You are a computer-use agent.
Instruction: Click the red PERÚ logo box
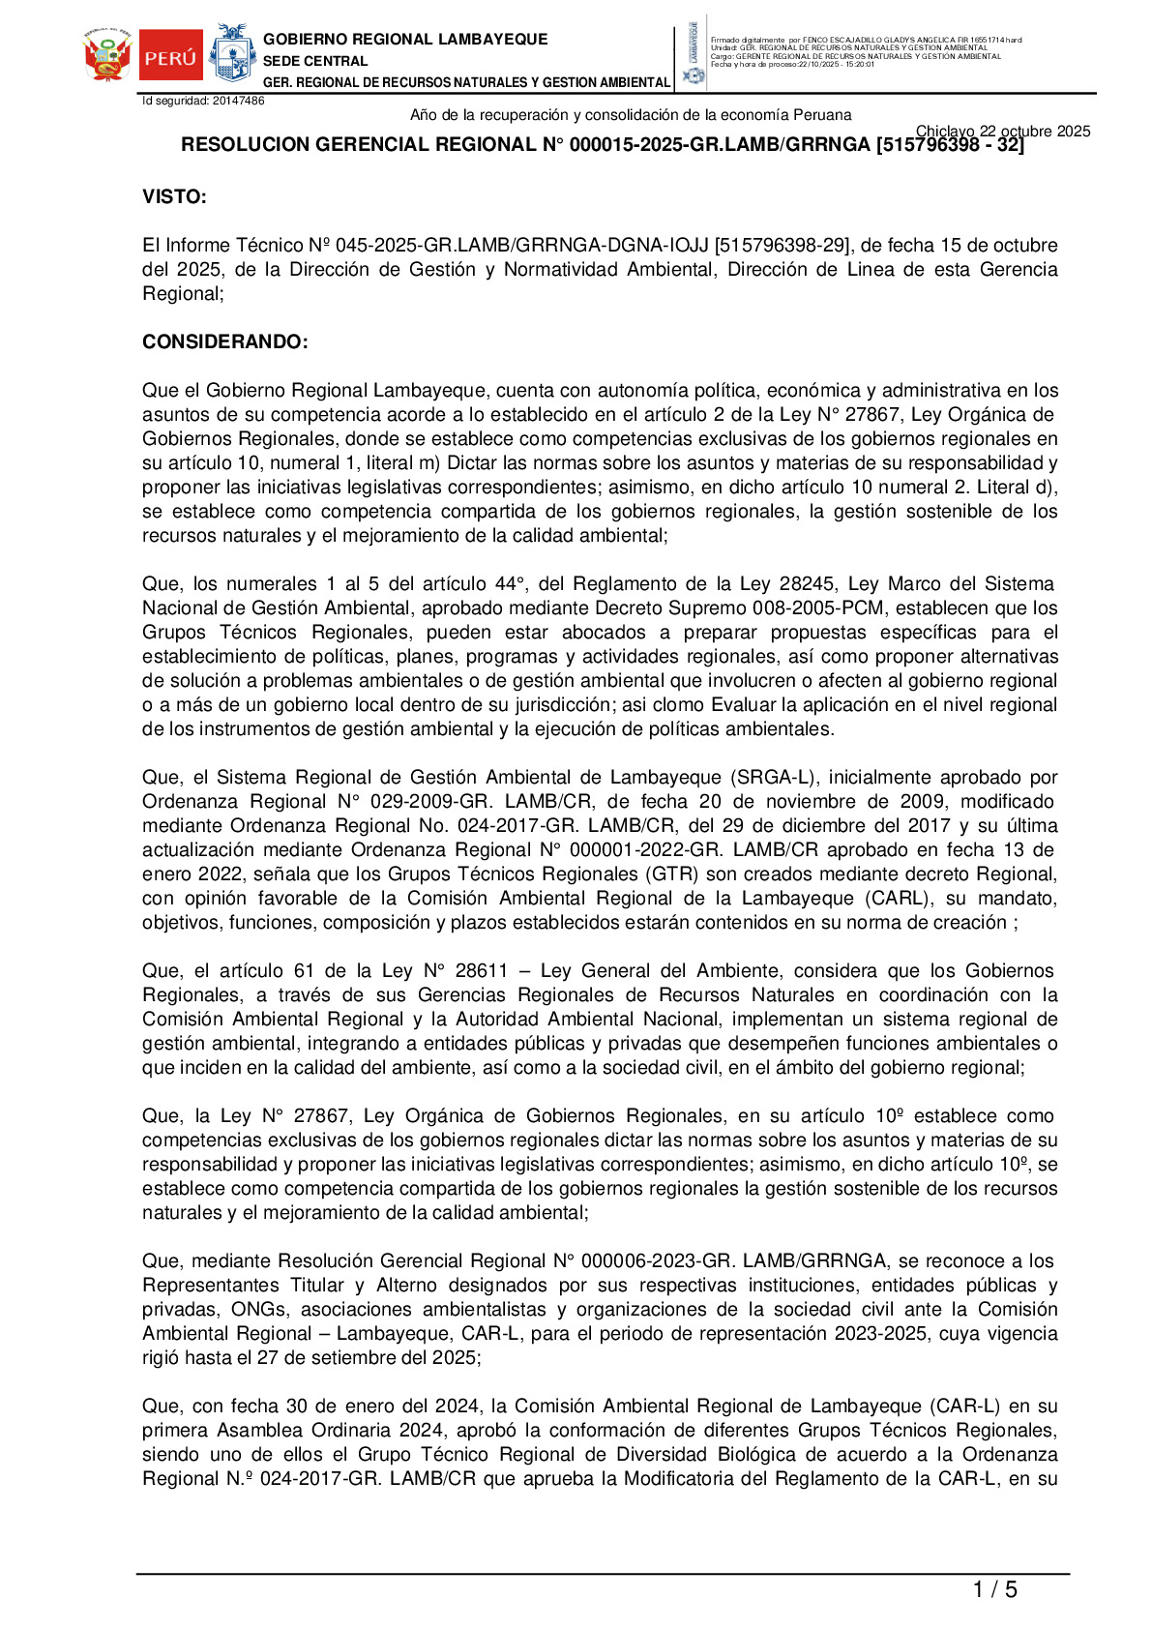[x=170, y=57]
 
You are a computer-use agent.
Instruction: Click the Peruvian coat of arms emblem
[x=107, y=56]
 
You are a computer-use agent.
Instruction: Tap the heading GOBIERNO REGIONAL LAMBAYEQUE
[x=405, y=39]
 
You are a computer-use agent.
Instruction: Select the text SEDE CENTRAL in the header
[x=315, y=61]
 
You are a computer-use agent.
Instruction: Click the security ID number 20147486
[x=238, y=101]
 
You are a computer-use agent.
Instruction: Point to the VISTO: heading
[x=174, y=197]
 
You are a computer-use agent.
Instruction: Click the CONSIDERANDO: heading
[x=225, y=342]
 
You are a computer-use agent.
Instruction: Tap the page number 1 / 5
[x=994, y=1589]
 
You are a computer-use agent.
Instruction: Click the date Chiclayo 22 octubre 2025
[x=1002, y=132]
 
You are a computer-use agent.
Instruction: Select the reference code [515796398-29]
[x=783, y=246]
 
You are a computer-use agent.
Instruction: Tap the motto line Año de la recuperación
[x=631, y=115]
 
